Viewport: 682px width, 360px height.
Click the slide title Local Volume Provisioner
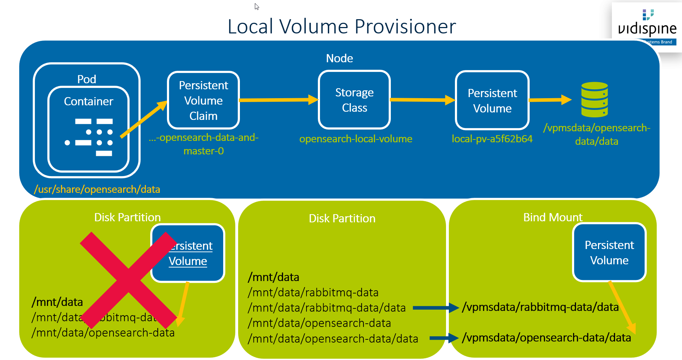click(x=342, y=27)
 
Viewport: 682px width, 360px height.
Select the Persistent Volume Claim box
click(x=203, y=100)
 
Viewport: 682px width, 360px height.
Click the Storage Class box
click(x=354, y=100)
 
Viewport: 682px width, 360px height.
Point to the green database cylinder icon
click(x=594, y=100)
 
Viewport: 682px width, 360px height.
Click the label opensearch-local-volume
click(x=356, y=139)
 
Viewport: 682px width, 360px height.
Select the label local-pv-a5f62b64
click(x=492, y=139)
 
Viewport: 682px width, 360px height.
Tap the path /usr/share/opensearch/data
click(x=97, y=189)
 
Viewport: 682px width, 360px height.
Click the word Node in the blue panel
click(x=339, y=58)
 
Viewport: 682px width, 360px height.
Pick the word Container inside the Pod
click(x=88, y=101)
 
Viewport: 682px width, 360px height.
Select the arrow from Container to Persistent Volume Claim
click(x=144, y=119)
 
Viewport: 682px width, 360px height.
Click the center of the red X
click(x=128, y=280)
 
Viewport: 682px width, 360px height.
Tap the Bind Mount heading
click(x=552, y=217)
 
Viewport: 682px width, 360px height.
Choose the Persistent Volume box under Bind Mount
click(x=609, y=253)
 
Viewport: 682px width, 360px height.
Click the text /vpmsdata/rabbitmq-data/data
click(x=540, y=307)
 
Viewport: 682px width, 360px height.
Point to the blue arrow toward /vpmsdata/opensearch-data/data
click(x=444, y=338)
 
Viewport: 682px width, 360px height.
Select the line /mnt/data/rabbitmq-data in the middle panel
click(x=313, y=292)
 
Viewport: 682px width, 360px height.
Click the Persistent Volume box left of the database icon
click(x=492, y=101)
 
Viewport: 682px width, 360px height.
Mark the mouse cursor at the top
click(x=257, y=6)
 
